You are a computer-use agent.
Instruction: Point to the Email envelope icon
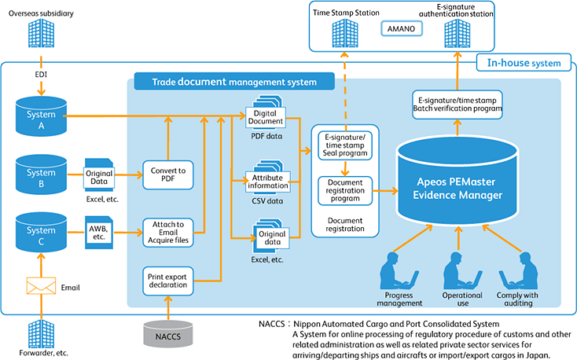[x=41, y=288]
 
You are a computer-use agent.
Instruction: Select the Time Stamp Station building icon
[x=345, y=33]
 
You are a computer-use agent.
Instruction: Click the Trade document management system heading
[x=226, y=81]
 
